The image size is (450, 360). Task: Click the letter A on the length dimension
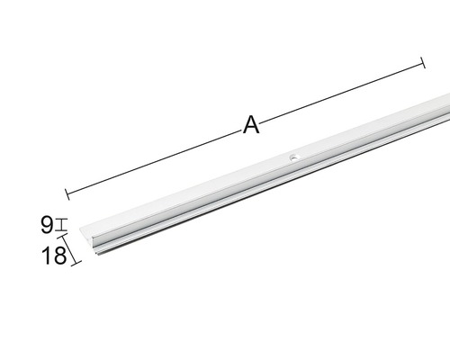[x=251, y=125]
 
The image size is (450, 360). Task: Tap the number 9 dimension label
[x=47, y=225]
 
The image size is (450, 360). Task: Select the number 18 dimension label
[x=54, y=256]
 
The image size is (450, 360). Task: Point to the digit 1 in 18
[x=46, y=256]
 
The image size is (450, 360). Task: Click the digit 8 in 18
[x=60, y=256]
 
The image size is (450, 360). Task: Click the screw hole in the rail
[x=294, y=157]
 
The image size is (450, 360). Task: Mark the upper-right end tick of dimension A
[x=423, y=62]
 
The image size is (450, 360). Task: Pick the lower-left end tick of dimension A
[x=67, y=193]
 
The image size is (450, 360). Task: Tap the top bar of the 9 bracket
[x=62, y=220]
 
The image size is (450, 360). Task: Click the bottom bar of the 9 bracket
[x=62, y=230]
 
